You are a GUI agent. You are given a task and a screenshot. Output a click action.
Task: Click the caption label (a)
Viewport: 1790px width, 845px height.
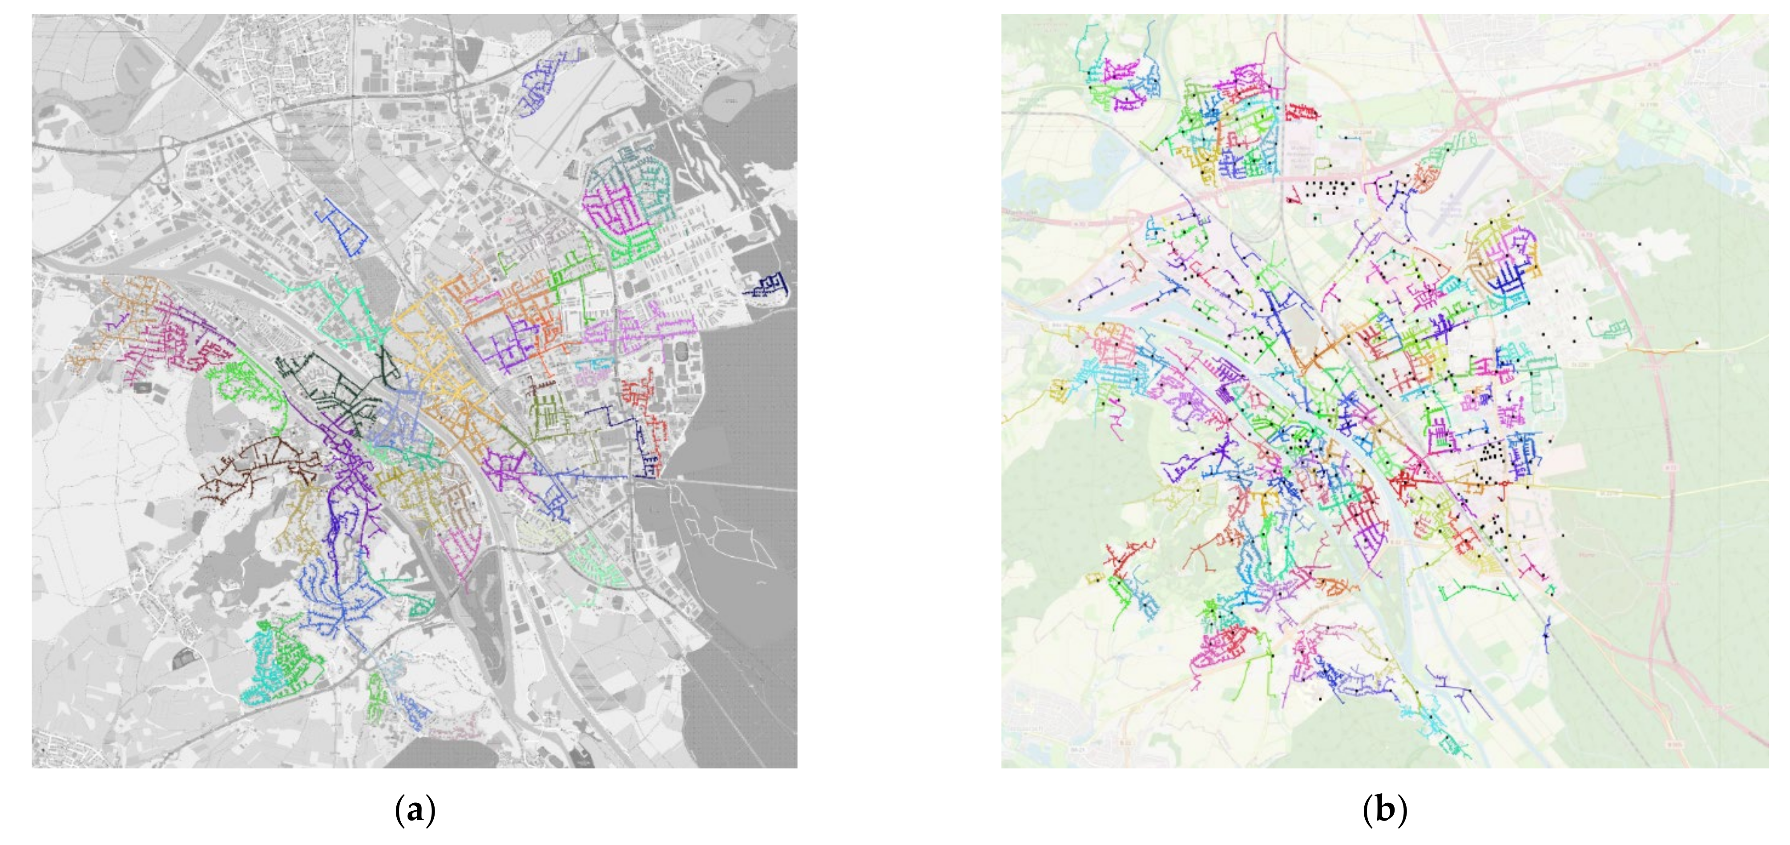click(415, 811)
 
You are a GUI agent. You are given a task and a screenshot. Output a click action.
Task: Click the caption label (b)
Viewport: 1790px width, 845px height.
click(1385, 811)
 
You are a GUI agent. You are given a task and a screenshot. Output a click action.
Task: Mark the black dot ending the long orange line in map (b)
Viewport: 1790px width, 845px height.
click(1697, 342)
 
